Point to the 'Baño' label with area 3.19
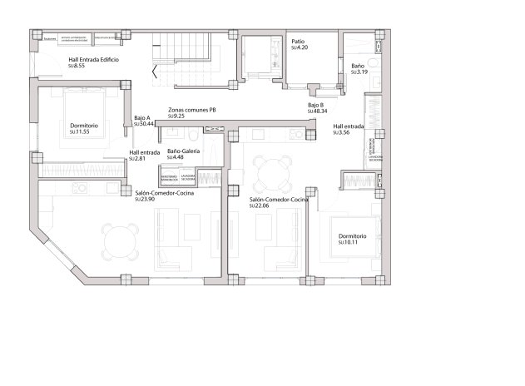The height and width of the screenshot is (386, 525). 357,65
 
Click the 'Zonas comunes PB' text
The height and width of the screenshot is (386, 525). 192,110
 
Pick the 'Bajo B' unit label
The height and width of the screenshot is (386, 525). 315,105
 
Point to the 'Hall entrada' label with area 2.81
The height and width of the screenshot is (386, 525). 145,152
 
